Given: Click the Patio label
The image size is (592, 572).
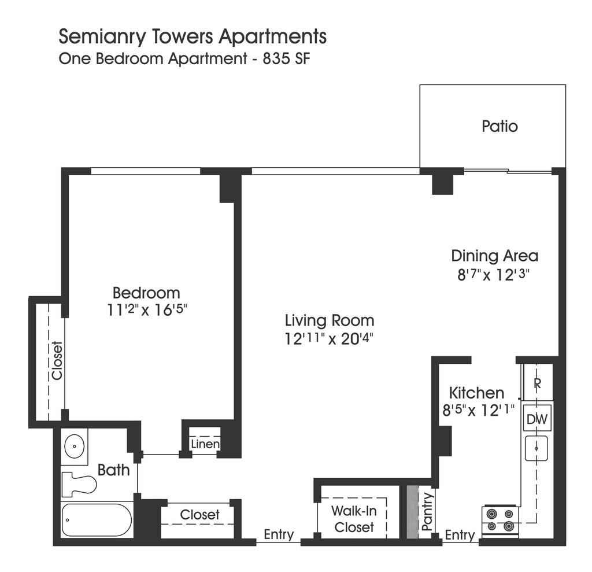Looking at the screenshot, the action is (499, 126).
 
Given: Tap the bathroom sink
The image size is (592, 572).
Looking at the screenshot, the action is (74, 446).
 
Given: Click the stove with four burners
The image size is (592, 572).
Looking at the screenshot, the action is (501, 520).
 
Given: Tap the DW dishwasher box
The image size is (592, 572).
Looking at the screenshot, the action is (537, 419).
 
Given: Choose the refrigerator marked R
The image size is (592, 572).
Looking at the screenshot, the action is (537, 383).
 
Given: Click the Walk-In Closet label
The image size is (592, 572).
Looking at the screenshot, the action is (354, 519).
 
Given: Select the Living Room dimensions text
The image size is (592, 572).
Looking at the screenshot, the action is (329, 339).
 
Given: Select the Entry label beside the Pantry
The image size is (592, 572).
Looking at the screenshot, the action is (460, 536).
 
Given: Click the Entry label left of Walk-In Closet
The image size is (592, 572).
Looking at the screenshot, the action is (279, 535).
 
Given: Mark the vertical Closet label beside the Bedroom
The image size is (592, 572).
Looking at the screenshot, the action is (57, 361).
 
